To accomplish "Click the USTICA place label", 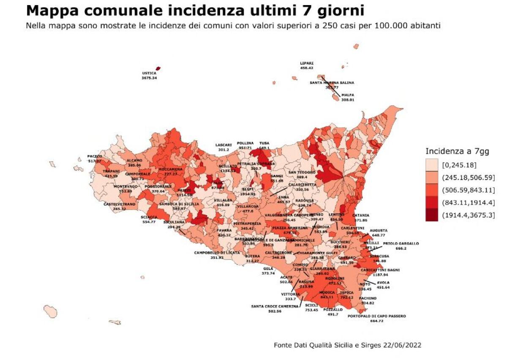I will [149, 73].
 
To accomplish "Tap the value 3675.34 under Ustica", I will [149, 78].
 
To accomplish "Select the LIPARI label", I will [307, 63].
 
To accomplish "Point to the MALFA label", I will [348, 95].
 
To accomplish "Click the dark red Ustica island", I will [158, 68].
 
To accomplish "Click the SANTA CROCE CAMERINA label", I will [275, 306].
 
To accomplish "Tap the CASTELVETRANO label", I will [120, 204].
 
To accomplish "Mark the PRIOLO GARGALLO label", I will [401, 243].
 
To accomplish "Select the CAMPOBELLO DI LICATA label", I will [217, 253].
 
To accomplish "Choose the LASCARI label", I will [224, 145].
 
